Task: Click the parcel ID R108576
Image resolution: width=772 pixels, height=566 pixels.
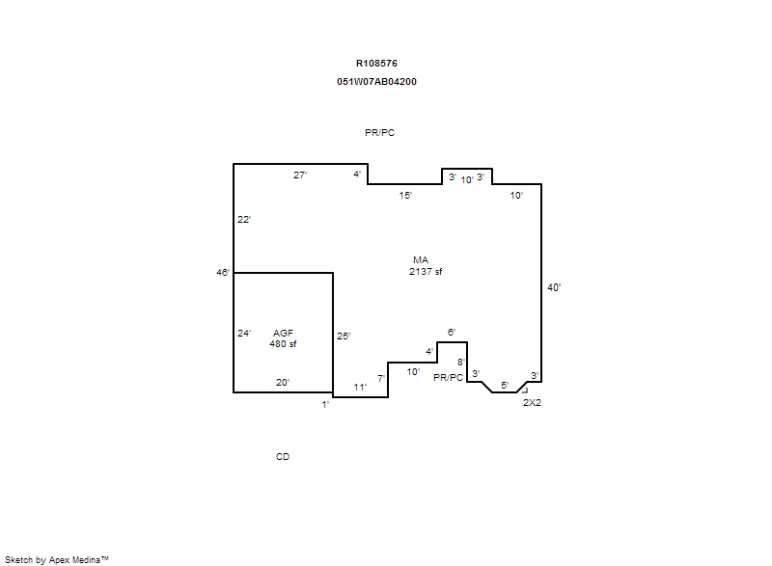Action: [x=376, y=64]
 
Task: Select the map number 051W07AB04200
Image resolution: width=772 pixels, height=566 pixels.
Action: [x=376, y=82]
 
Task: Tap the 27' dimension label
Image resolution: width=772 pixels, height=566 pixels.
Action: [x=300, y=175]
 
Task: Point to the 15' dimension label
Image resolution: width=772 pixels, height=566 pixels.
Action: [x=405, y=196]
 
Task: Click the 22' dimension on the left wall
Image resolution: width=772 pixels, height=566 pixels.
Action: [x=244, y=219]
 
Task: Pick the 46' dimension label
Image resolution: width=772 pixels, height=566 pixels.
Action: [x=223, y=273]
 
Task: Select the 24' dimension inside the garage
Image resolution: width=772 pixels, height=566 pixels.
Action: [x=244, y=334]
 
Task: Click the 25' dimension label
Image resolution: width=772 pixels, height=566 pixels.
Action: [x=344, y=337]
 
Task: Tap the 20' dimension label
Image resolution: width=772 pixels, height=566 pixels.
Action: [x=283, y=383]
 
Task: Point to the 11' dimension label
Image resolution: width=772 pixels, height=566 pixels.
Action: [x=360, y=388]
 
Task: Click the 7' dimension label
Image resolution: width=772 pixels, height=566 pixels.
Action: [x=381, y=379]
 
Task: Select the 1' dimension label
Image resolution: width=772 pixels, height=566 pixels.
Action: [x=325, y=405]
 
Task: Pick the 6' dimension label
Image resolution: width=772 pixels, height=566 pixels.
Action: [x=452, y=333]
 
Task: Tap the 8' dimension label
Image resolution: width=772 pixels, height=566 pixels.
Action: [x=461, y=363]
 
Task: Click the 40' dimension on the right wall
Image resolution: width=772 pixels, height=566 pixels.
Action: [x=554, y=287]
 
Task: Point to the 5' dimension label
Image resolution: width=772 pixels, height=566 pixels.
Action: [x=505, y=386]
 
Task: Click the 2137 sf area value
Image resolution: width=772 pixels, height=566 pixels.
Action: [x=426, y=272]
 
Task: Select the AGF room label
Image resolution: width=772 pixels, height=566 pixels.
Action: [x=283, y=334]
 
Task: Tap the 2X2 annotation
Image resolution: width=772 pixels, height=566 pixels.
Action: [x=532, y=403]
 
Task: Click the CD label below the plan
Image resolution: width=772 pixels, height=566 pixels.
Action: [x=283, y=457]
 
